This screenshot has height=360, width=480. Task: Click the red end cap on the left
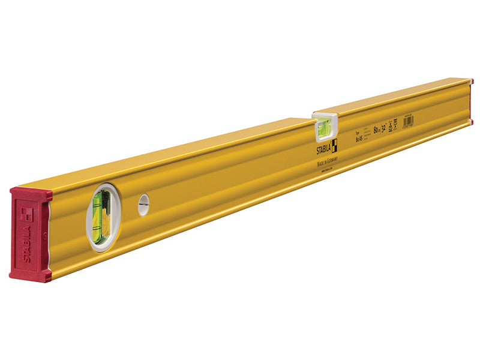point(29,234)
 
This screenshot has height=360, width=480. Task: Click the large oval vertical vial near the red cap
point(101,215)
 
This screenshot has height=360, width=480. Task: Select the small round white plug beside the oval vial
point(143,205)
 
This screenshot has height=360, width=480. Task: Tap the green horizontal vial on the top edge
point(324,126)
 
